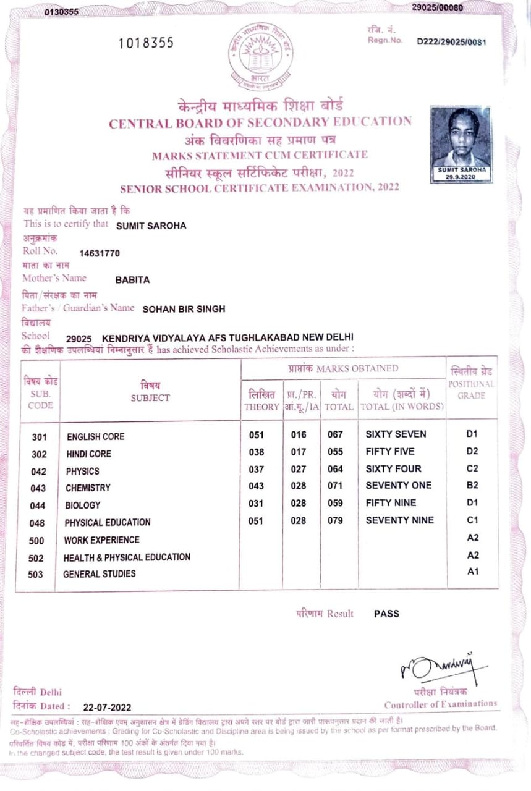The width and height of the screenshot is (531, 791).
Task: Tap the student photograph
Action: click(x=461, y=143)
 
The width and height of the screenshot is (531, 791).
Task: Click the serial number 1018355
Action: click(x=147, y=43)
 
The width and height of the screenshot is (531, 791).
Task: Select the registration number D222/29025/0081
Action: click(x=452, y=42)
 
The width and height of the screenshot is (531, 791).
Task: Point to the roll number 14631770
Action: click(x=100, y=253)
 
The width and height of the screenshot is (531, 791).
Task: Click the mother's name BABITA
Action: click(x=132, y=280)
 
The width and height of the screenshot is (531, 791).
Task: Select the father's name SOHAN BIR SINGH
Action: click(x=184, y=309)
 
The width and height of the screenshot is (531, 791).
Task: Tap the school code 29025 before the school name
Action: click(x=79, y=338)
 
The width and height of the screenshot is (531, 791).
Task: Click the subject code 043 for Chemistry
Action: click(x=38, y=488)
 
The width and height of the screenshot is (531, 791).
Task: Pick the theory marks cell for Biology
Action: click(x=256, y=504)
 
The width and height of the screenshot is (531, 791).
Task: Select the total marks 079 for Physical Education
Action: click(x=335, y=521)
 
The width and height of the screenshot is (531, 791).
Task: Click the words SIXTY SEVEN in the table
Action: click(x=396, y=434)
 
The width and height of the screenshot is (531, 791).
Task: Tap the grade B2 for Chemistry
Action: click(x=472, y=486)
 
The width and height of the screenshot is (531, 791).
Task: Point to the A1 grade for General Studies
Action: click(x=473, y=572)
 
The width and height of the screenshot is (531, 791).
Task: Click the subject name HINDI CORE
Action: click(x=89, y=454)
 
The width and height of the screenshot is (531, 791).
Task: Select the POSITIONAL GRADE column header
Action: click(x=472, y=384)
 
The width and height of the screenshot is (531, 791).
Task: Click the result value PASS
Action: click(x=386, y=614)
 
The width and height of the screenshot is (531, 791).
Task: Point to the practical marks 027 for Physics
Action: click(x=299, y=469)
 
